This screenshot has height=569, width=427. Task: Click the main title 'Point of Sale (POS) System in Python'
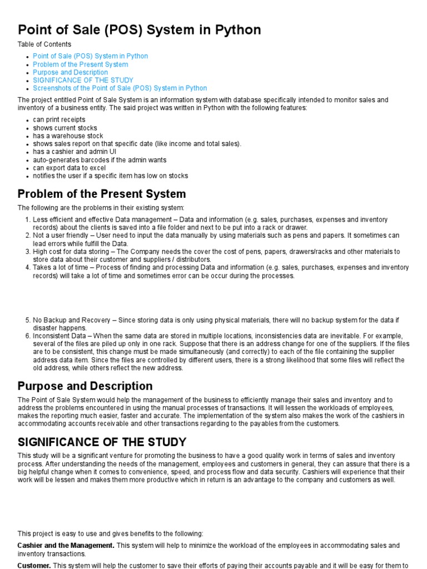(x=139, y=29)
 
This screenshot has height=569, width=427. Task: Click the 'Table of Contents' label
(x=44, y=44)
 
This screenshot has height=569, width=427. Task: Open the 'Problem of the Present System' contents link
(x=80, y=64)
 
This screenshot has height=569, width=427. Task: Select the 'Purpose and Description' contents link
(x=70, y=72)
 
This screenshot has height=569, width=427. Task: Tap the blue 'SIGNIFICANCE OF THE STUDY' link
(x=83, y=80)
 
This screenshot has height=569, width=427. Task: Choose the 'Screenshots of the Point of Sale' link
(x=120, y=88)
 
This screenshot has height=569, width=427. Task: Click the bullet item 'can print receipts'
(x=59, y=119)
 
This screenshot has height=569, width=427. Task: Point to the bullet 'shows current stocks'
(x=64, y=128)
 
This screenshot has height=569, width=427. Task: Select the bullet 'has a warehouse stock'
(x=68, y=136)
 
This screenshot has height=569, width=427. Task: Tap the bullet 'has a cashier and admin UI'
(x=75, y=152)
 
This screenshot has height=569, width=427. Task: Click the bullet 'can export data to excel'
(x=69, y=168)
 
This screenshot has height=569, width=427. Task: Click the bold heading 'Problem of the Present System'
(x=102, y=194)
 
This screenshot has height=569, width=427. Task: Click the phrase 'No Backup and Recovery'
(x=69, y=320)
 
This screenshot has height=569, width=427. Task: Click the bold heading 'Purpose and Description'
(x=85, y=386)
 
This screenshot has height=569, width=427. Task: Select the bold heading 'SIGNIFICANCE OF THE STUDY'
(x=102, y=442)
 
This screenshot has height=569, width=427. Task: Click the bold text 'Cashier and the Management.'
(x=66, y=546)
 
